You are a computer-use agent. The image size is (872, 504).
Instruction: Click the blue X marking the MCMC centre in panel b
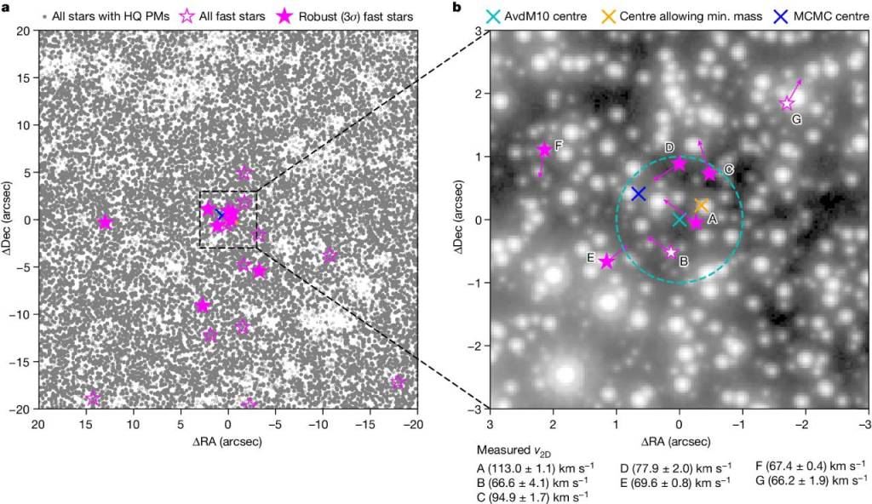point(639,193)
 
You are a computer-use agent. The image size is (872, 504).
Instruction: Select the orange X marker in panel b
point(702,205)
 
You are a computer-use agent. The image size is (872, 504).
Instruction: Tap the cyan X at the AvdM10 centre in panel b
point(679,220)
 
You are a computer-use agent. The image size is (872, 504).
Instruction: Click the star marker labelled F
point(544,150)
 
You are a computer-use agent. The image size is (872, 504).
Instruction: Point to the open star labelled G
point(787,104)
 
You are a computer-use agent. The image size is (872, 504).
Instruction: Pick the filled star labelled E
point(606,261)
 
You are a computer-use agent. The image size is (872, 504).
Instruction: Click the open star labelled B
point(671,252)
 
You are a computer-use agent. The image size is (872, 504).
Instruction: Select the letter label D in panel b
point(669,147)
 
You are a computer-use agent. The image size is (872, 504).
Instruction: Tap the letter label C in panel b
point(729,170)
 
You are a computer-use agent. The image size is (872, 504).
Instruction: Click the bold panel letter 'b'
point(456,7)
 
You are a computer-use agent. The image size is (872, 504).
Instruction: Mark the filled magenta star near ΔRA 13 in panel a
point(105,222)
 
